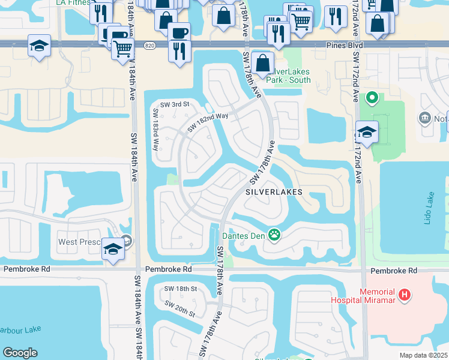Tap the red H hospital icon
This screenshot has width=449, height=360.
click(x=406, y=295)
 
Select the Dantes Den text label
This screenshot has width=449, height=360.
click(x=244, y=235)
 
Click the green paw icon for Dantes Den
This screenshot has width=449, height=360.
click(x=275, y=235)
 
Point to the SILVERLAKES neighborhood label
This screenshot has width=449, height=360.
click(x=273, y=192)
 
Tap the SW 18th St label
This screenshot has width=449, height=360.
click(x=181, y=289)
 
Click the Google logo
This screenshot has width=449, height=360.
click(x=20, y=352)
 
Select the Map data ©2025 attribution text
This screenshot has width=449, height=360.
click(x=423, y=355)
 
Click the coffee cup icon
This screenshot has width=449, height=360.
click(x=178, y=32)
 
